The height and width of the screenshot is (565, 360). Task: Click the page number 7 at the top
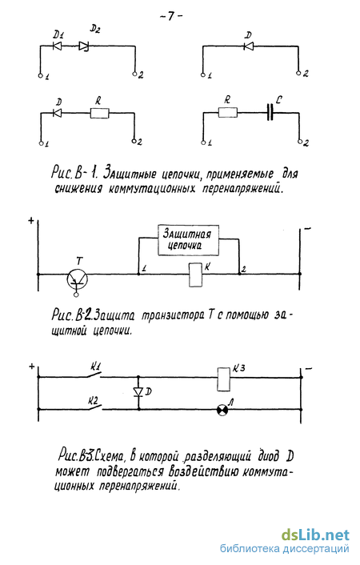(171, 16)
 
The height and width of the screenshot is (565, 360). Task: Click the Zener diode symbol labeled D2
(84, 46)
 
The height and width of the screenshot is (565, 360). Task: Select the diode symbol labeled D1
(57, 46)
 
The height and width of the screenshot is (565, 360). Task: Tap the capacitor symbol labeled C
(270, 112)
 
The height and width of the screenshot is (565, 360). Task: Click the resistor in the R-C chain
(228, 112)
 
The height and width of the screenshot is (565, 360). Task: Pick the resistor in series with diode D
(99, 113)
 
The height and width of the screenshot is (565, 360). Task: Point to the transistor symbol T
(78, 278)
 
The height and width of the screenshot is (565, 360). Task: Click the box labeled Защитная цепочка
(189, 240)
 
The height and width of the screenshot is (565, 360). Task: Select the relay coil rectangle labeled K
(196, 275)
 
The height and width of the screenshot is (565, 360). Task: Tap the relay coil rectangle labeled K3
(223, 379)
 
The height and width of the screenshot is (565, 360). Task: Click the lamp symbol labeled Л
(222, 410)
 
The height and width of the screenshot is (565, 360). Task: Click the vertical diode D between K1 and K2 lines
(138, 391)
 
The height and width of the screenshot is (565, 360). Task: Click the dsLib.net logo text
(315, 535)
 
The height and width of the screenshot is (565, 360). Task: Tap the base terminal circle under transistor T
(76, 295)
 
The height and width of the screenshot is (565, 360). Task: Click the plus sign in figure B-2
(31, 220)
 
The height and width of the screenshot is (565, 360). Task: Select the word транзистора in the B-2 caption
(171, 316)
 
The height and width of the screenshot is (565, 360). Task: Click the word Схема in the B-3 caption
(110, 457)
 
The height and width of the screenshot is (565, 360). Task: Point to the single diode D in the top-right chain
(248, 46)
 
